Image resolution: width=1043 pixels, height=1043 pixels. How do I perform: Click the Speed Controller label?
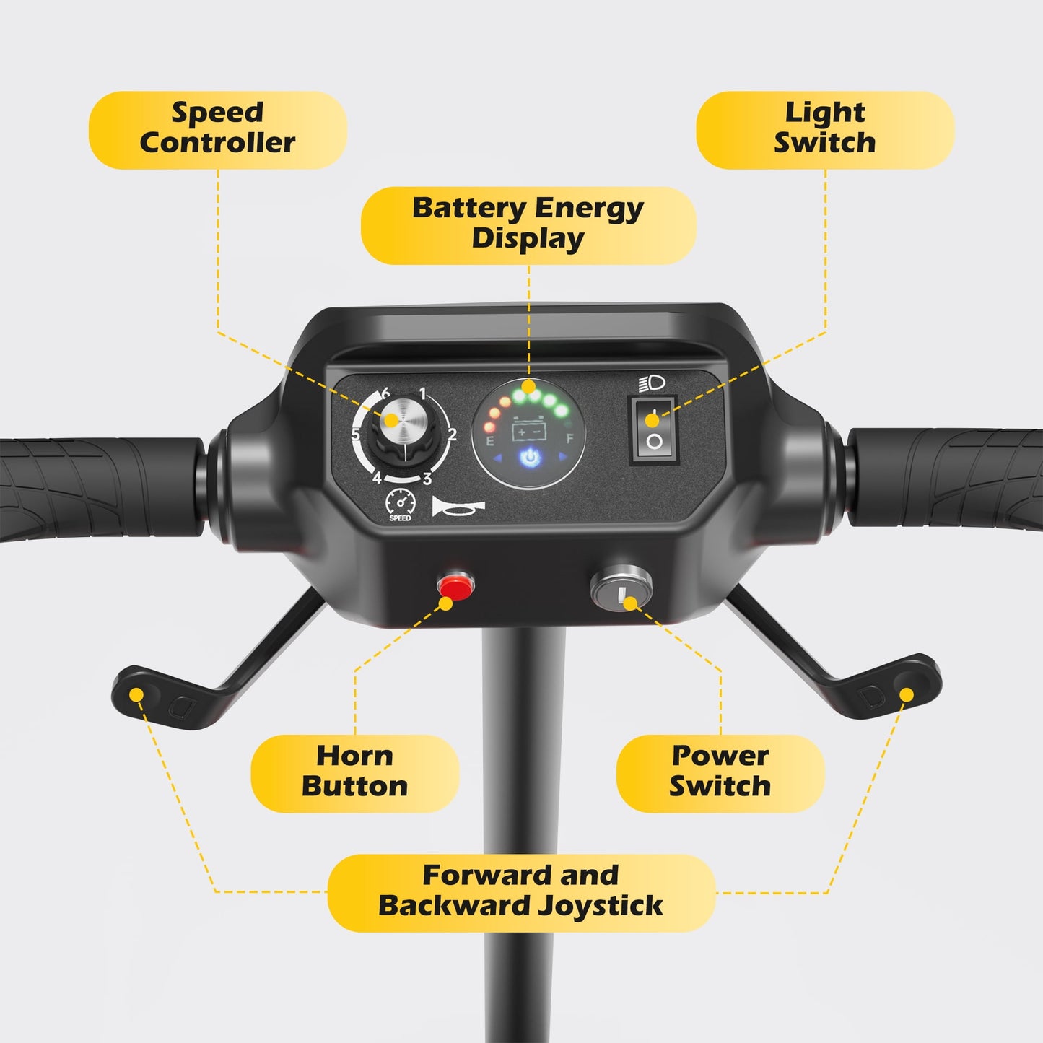coord(217,129)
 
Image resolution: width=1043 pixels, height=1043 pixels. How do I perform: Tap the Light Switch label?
coord(824,129)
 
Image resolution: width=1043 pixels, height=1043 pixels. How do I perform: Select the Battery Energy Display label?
coord(528,224)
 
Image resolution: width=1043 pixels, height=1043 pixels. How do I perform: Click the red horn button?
coord(456,585)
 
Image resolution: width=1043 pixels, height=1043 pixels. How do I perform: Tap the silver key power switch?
coord(621,588)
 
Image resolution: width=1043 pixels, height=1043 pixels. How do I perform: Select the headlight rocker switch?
coord(653,430)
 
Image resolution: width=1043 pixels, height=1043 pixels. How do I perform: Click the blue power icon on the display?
coord(529,457)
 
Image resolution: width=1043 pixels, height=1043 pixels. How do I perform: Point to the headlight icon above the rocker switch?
coord(651,383)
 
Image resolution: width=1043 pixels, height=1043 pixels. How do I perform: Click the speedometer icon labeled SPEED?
coord(401,503)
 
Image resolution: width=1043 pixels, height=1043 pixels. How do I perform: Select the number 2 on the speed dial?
coord(452,435)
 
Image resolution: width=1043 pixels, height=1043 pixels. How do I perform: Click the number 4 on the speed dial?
coord(377,477)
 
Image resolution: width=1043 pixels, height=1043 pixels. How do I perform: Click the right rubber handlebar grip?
coord(946,478)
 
